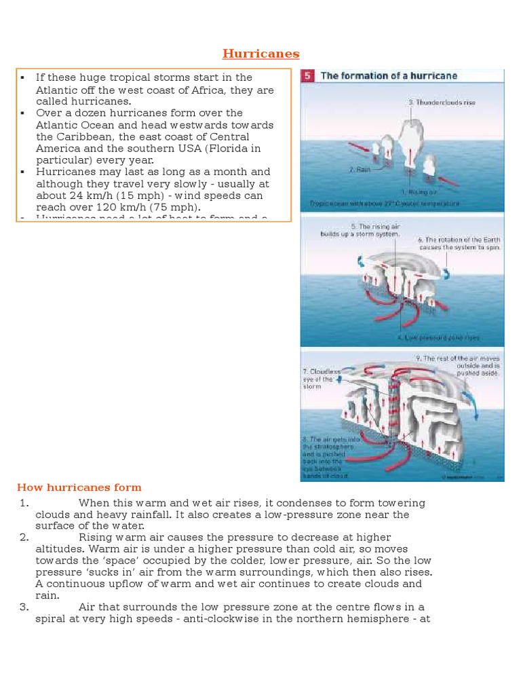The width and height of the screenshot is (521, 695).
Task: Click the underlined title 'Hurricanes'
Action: [x=261, y=54]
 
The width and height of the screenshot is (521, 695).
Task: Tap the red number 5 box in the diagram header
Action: [x=307, y=76]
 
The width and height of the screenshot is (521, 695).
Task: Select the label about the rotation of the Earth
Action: [x=459, y=244]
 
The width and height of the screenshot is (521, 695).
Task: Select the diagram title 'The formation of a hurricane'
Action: [x=389, y=76]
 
